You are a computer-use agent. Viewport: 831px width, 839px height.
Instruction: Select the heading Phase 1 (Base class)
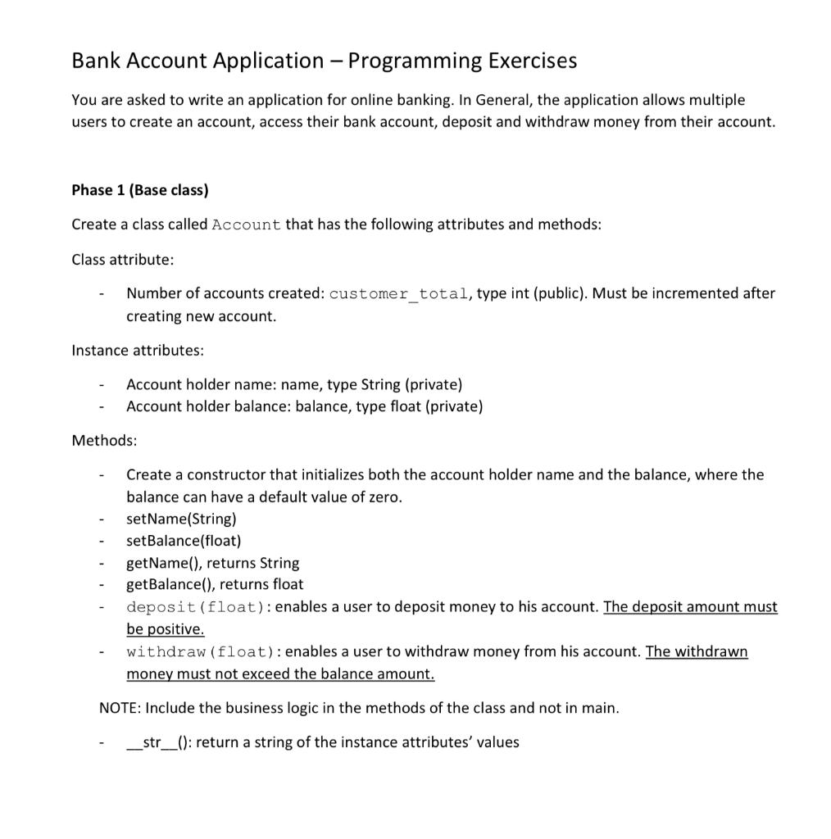pos(140,190)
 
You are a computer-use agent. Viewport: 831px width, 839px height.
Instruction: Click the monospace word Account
pos(246,225)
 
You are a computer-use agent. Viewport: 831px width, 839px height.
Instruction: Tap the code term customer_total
pos(398,294)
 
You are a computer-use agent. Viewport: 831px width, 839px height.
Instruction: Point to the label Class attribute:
pos(123,259)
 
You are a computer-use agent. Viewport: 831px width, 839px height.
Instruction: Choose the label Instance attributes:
pos(138,350)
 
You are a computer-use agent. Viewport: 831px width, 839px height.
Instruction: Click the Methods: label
pos(104,440)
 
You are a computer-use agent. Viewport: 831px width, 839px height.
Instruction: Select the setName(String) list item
pos(181,519)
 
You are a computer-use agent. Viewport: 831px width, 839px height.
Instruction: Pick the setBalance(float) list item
pos(184,541)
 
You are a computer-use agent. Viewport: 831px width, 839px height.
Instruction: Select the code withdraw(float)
pos(199,652)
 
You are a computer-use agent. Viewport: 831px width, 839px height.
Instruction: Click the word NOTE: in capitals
pos(120,707)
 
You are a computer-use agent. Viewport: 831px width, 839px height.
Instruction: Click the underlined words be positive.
pos(165,629)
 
